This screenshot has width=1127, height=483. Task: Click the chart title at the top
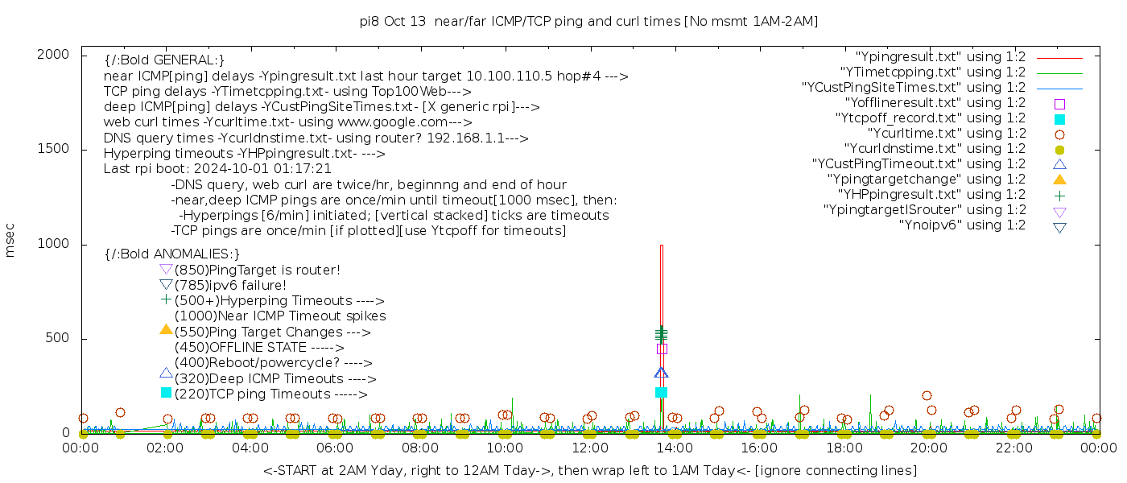click(588, 21)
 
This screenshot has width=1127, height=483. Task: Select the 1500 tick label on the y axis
click(55, 149)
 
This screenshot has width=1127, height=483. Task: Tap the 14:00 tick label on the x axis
click(675, 448)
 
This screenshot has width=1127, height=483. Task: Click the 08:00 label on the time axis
click(420, 448)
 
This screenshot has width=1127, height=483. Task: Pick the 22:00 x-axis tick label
click(1013, 448)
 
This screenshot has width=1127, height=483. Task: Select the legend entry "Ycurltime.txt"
click(946, 134)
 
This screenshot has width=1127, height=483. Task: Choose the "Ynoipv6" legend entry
click(962, 225)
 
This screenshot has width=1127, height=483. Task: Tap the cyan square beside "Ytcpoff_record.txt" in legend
click(1059, 119)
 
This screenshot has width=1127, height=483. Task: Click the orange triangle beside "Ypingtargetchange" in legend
click(1059, 179)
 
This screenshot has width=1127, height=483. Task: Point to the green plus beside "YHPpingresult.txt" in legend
click(1059, 195)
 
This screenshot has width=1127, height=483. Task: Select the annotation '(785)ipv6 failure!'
click(230, 285)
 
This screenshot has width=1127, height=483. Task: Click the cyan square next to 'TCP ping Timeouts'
click(167, 393)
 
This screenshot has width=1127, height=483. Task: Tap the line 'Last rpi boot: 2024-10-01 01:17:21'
click(217, 169)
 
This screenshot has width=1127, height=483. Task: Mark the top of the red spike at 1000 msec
click(661, 246)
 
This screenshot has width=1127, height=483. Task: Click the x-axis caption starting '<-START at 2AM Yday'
click(589, 470)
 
